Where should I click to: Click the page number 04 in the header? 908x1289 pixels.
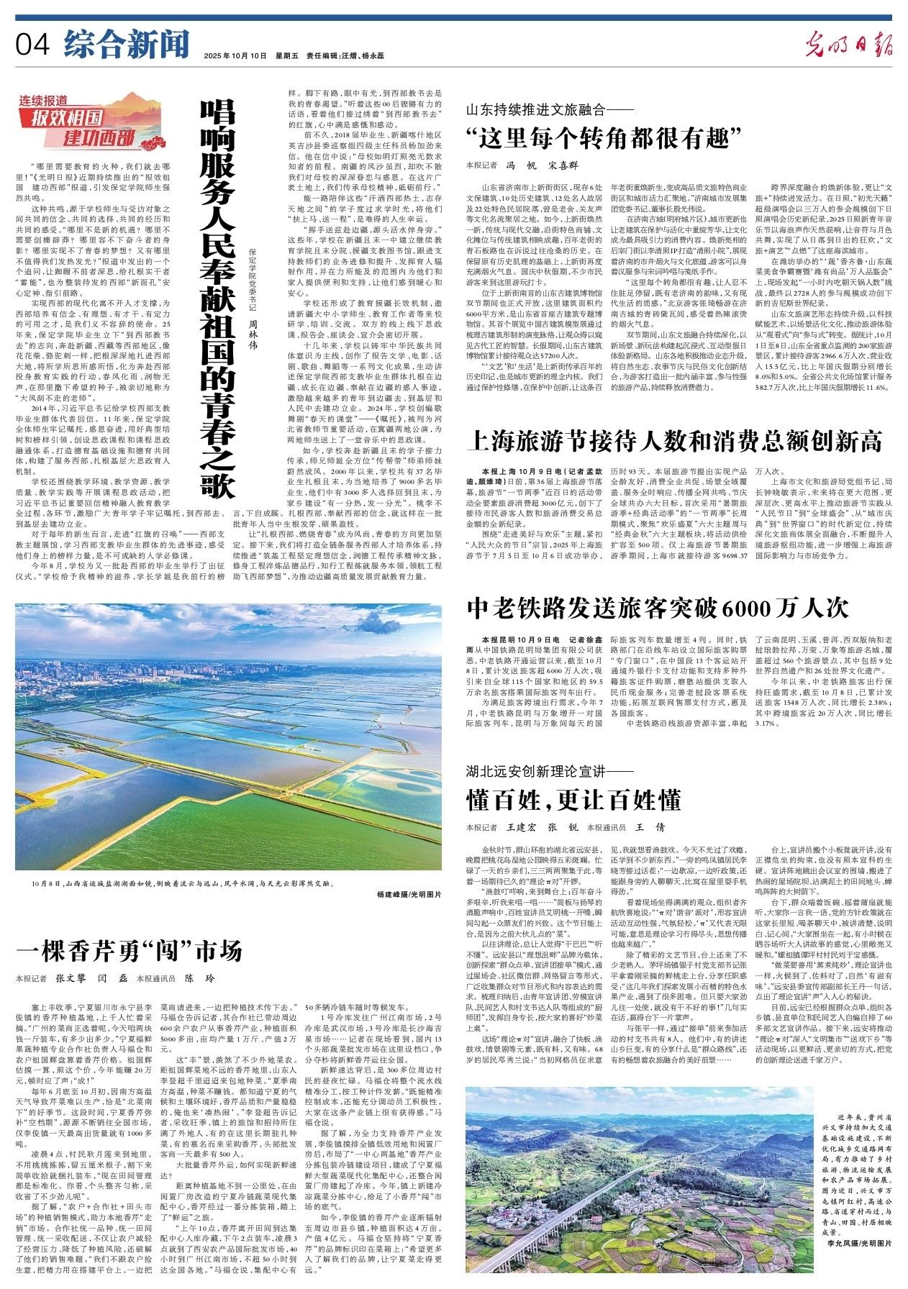[x=32, y=45]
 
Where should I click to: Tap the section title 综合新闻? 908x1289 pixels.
[x=126, y=45]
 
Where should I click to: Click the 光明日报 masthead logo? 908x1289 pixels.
[x=848, y=46]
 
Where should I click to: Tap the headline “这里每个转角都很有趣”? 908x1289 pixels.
[x=604, y=135]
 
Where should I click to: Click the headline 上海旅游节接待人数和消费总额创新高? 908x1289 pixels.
[x=675, y=439]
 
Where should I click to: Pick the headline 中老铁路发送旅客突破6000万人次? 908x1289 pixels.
[x=658, y=609]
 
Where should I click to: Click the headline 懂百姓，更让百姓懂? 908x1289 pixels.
[x=573, y=798]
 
